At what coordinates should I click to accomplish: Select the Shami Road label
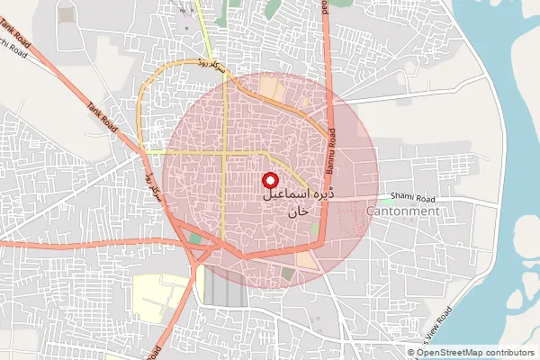(x=413, y=198)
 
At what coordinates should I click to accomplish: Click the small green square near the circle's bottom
(x=287, y=273)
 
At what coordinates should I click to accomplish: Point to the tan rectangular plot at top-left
(x=65, y=14)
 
